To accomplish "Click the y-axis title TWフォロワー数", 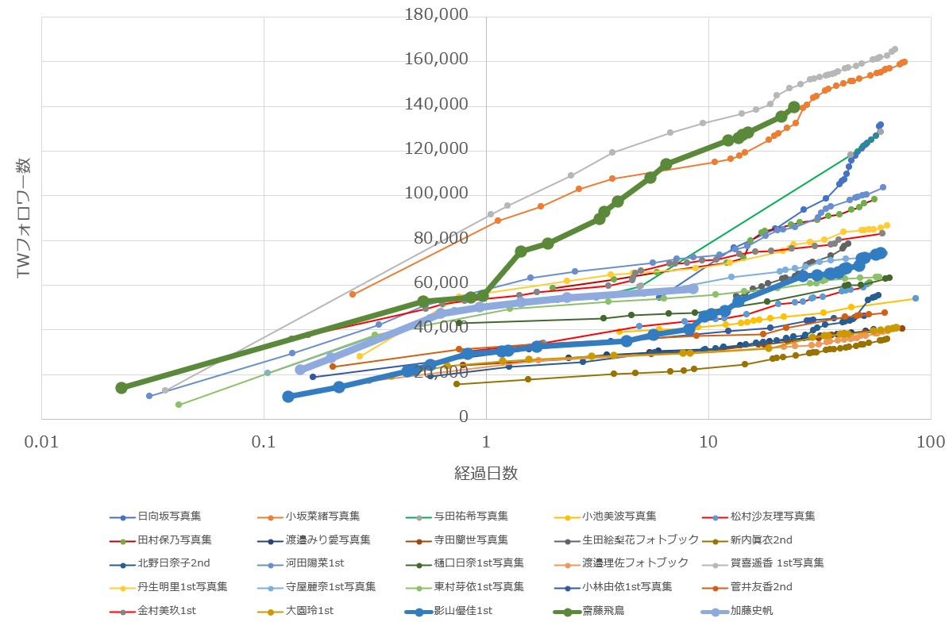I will [23, 217].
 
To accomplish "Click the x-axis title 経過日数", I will [486, 474].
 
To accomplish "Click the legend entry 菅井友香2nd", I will [766, 587].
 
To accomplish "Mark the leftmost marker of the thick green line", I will [122, 388].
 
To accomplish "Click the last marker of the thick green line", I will [794, 107].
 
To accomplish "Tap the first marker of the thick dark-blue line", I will [288, 397].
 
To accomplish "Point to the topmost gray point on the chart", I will [895, 49].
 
